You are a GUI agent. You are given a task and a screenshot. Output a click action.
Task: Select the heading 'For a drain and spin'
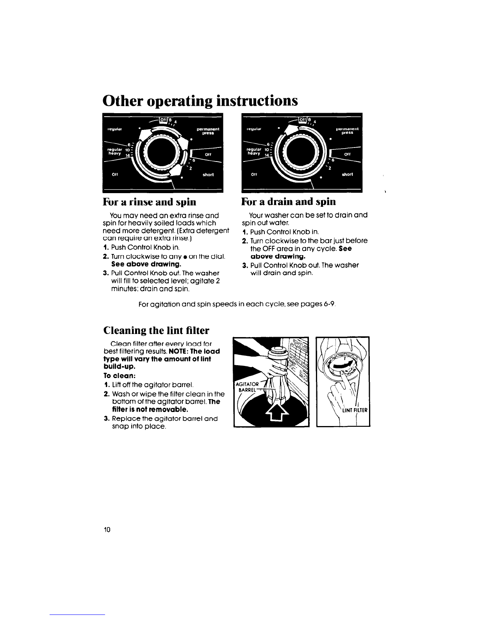(x=289, y=202)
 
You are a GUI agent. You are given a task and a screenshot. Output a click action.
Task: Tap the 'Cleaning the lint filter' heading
(x=156, y=330)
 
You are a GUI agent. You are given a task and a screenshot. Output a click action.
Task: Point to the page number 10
(x=107, y=529)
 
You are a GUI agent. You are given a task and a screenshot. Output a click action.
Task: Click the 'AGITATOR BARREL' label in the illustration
(x=246, y=386)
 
